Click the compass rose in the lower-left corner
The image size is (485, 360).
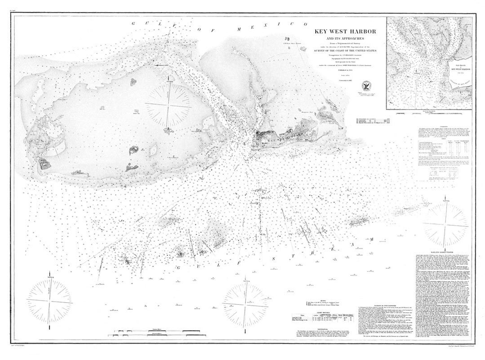tap(49, 300)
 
